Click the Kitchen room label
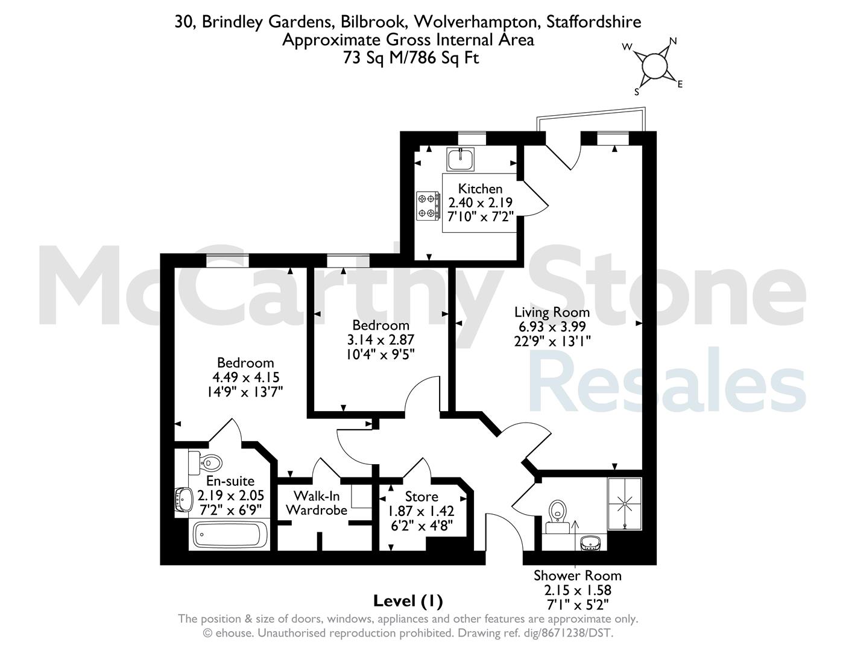pyautogui.click(x=480, y=189)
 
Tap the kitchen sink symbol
pyautogui.click(x=460, y=159)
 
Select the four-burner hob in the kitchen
pyautogui.click(x=428, y=206)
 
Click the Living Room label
pyautogui.click(x=552, y=312)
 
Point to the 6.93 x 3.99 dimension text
pyautogui.click(x=550, y=327)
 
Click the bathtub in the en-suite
pyautogui.click(x=230, y=535)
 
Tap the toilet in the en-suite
pyautogui.click(x=205, y=462)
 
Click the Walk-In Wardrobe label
pyautogui.click(x=317, y=503)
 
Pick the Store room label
pyautogui.click(x=421, y=497)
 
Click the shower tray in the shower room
pyautogui.click(x=625, y=504)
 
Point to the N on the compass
pyautogui.click(x=673, y=41)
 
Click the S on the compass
pyautogui.click(x=637, y=92)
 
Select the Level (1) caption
pyautogui.click(x=408, y=601)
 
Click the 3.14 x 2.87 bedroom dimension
pyautogui.click(x=380, y=339)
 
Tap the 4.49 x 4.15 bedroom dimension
pyautogui.click(x=246, y=377)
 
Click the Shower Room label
pyautogui.click(x=578, y=576)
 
